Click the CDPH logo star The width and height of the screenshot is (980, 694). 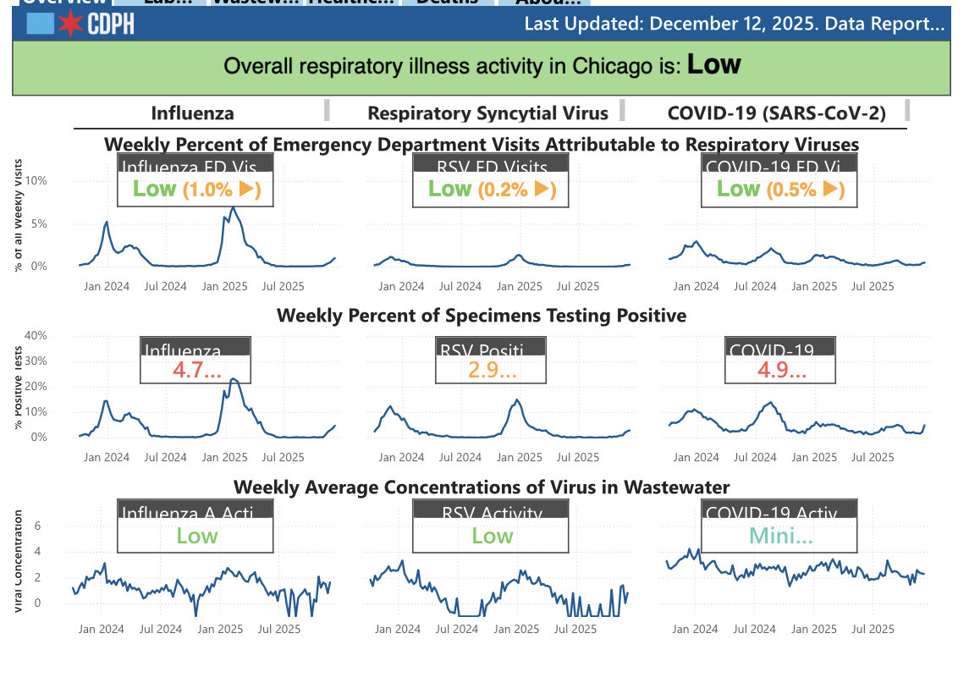click(x=71, y=24)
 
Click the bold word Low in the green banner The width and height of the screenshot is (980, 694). click(x=713, y=64)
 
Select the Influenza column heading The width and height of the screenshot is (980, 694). click(x=193, y=113)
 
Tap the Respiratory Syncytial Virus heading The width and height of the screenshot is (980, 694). click(x=487, y=113)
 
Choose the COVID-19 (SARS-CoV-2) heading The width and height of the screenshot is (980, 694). click(x=776, y=113)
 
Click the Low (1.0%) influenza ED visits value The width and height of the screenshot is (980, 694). click(x=196, y=190)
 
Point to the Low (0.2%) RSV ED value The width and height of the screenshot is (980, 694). click(x=492, y=190)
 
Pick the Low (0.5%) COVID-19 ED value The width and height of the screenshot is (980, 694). click(x=780, y=190)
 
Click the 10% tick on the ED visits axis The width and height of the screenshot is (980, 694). click(x=36, y=180)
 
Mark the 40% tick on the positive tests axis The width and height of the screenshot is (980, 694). click(x=36, y=335)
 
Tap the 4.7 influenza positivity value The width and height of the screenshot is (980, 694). click(x=196, y=370)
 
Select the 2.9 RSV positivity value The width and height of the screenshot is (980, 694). click(x=492, y=370)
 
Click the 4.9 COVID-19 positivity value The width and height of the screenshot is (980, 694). click(x=781, y=370)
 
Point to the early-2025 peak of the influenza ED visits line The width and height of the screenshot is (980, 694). click(x=233, y=207)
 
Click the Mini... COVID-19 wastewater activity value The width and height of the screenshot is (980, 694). click(x=780, y=536)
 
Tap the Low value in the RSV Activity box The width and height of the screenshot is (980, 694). click(x=492, y=536)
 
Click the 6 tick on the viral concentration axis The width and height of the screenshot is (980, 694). click(x=37, y=526)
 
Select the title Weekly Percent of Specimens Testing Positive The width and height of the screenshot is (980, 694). click(x=482, y=316)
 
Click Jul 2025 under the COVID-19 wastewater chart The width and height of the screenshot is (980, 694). click(x=873, y=629)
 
